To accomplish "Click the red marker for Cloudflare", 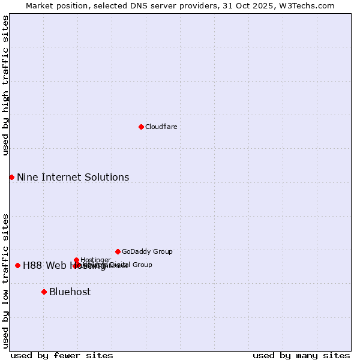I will click(x=141, y=127).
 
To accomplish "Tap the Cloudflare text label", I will click(x=161, y=127).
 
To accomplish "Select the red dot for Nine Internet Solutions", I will click(x=11, y=177).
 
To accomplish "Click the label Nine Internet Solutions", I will click(x=73, y=177).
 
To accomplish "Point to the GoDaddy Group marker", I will click(x=118, y=251).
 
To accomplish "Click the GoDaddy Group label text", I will click(x=147, y=251).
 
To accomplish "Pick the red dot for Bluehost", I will click(x=44, y=292).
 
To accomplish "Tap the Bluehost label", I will click(x=70, y=292).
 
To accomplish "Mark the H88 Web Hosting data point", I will click(x=17, y=265).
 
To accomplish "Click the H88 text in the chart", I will click(x=32, y=265).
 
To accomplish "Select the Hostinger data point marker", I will click(x=76, y=260).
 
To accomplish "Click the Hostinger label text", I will click(x=95, y=260).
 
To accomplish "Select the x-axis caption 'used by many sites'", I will click(x=301, y=355).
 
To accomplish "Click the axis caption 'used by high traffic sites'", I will click(x=5, y=85).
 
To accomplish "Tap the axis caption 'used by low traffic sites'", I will click(x=5, y=280).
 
